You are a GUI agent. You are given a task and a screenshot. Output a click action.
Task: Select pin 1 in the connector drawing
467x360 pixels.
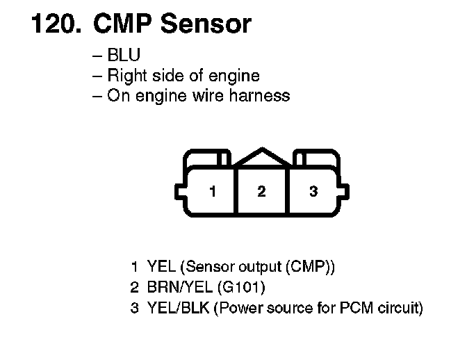pyautogui.click(x=213, y=191)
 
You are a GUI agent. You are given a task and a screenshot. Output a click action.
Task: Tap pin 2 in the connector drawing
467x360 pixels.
pyautogui.click(x=261, y=191)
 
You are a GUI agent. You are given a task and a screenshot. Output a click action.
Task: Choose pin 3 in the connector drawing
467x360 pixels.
pyautogui.click(x=313, y=191)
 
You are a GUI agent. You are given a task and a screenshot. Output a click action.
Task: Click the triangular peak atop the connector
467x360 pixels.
pyautogui.click(x=261, y=156)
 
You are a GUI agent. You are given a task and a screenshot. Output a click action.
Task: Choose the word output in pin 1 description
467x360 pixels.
pyautogui.click(x=261, y=267)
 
